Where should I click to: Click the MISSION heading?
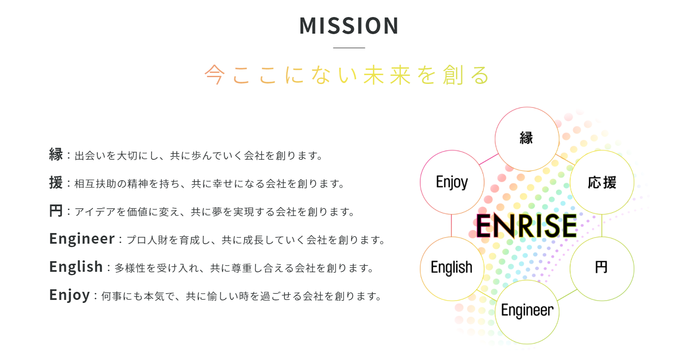tap(349, 26)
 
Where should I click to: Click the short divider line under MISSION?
tap(349, 48)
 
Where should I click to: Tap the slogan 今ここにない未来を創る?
tap(347, 75)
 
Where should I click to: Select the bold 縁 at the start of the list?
tap(56, 155)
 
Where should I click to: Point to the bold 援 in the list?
tap(56, 182)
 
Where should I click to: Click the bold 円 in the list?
tap(56, 211)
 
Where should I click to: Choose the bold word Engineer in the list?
tap(82, 239)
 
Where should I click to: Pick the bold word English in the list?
tap(76, 267)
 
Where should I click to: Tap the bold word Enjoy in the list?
tap(70, 295)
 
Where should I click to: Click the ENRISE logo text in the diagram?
tap(526, 226)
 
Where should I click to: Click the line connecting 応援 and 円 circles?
tap(602, 225)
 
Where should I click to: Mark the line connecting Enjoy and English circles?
tap(452, 225)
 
